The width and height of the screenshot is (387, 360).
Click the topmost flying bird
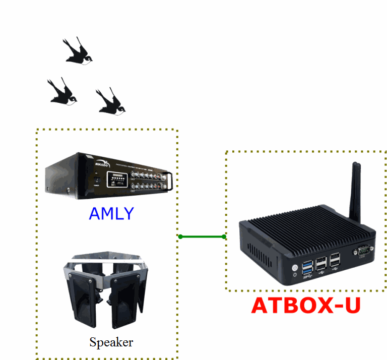pos(79,51)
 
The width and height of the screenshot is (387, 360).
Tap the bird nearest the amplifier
pos(110,102)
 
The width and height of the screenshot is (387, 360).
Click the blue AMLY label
pos(111,214)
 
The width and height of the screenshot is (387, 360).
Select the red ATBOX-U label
pos(306,306)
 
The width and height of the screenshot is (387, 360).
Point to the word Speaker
pos(111,342)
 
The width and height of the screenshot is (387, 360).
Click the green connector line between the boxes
pos(202,236)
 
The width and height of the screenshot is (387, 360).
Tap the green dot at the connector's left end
pos(180,236)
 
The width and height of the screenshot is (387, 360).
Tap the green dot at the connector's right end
pos(224,236)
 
